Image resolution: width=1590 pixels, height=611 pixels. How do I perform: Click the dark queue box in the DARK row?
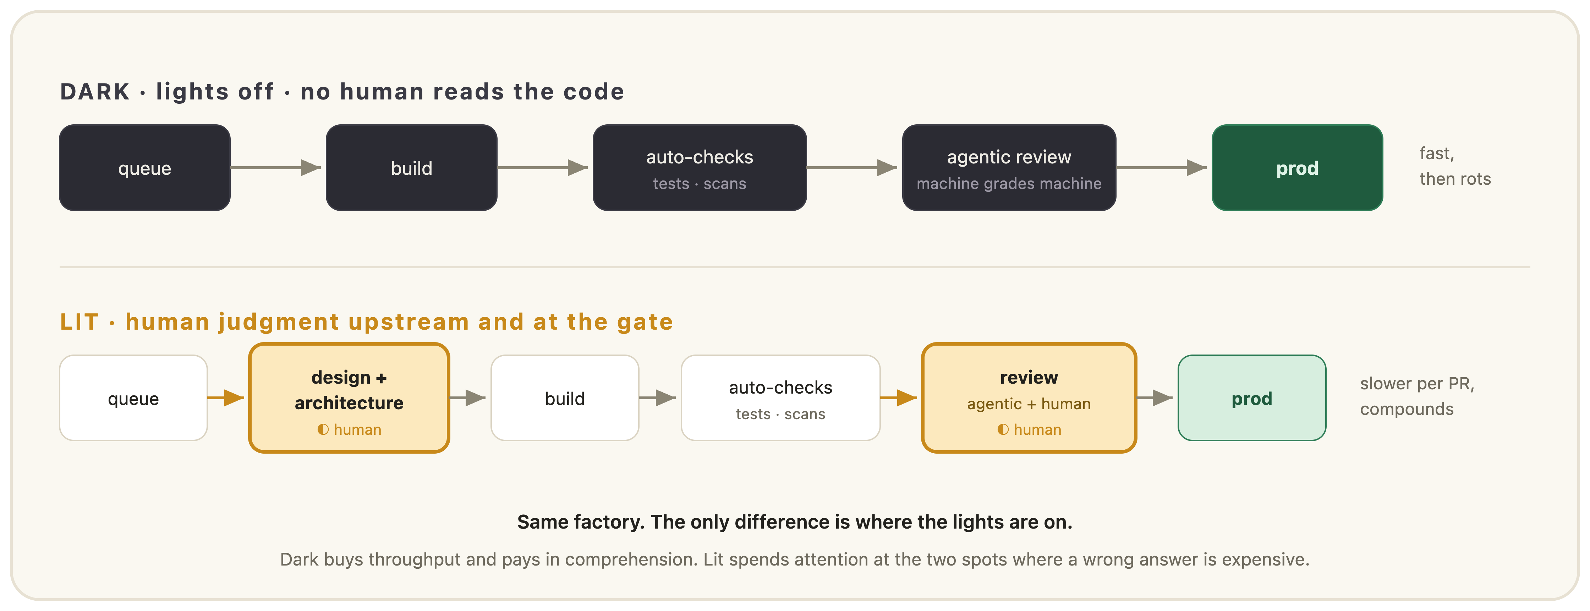tap(144, 167)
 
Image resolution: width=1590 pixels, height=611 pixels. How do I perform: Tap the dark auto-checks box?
tap(699, 167)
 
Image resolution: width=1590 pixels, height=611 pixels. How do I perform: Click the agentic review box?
tap(1009, 167)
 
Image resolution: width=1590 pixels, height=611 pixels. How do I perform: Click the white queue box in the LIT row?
tap(133, 398)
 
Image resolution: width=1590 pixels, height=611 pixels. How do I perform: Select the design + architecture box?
tap(349, 398)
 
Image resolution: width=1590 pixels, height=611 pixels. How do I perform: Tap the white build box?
tap(565, 398)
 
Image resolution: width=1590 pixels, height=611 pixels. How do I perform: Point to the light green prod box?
tap(1252, 398)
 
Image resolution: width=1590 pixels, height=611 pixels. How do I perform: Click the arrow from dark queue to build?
tap(276, 167)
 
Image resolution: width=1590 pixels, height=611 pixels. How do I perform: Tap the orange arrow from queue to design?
tap(226, 398)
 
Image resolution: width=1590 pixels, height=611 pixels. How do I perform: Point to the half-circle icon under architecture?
tap(323, 429)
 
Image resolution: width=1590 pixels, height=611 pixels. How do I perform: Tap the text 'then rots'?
tap(1455, 179)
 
